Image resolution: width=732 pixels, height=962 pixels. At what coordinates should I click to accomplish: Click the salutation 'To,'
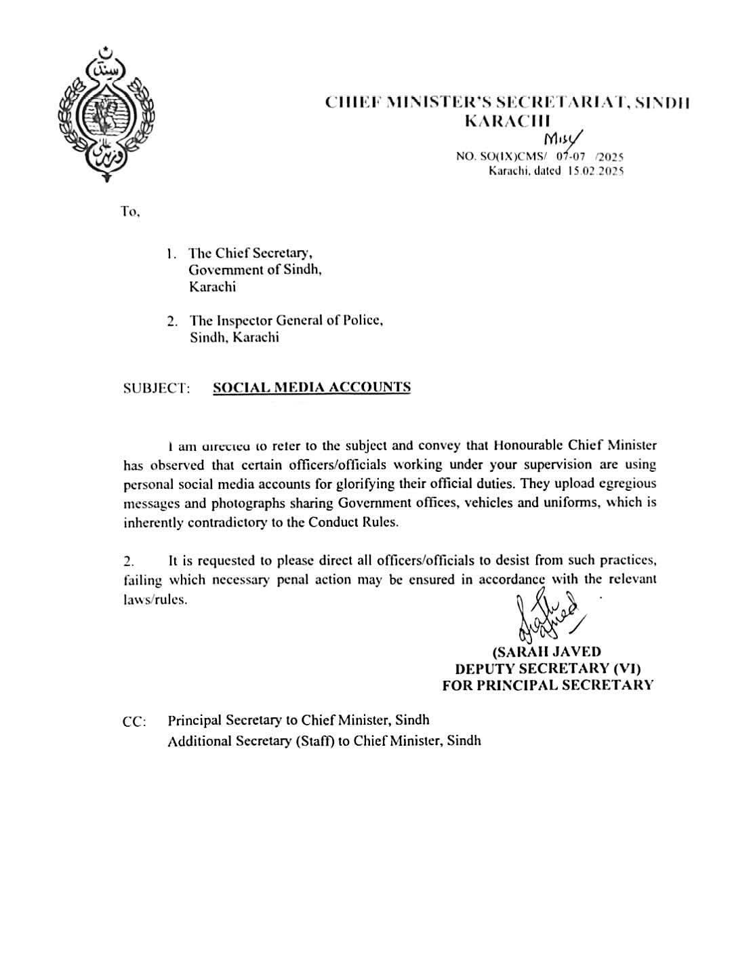click(x=130, y=212)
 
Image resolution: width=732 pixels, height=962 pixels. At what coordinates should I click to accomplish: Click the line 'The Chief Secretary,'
click(x=250, y=253)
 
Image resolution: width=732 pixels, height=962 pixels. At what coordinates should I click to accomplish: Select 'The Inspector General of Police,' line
click(x=286, y=320)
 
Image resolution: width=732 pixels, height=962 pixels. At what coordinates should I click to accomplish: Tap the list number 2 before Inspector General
click(x=173, y=321)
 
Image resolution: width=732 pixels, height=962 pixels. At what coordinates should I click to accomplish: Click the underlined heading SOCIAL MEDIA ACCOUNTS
click(x=312, y=388)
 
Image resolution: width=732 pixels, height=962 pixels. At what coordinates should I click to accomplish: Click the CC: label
click(x=134, y=722)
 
